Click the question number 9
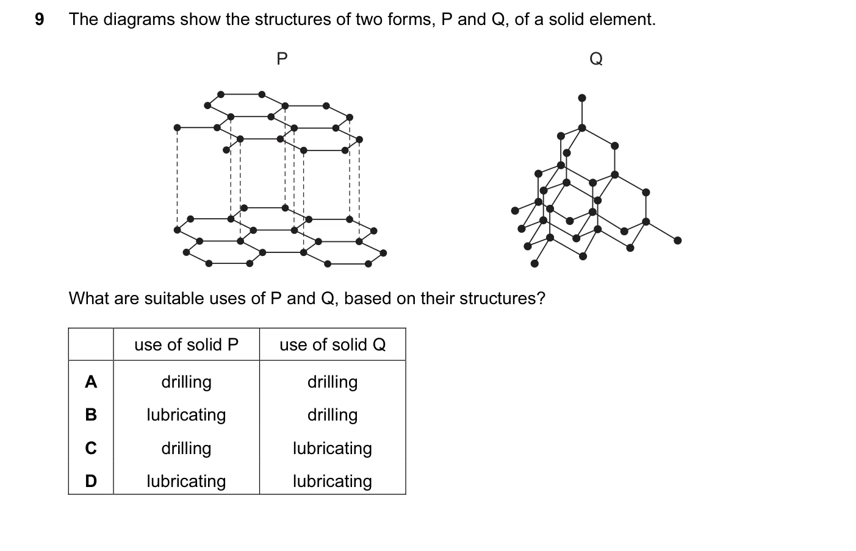[x=40, y=19]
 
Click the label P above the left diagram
[x=282, y=59]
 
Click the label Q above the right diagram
[x=596, y=59]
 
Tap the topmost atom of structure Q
[x=582, y=98]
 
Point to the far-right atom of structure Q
[x=677, y=241]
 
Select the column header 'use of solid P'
[x=187, y=344]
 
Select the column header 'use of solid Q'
[x=333, y=344]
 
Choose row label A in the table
[x=91, y=382]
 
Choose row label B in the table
[x=91, y=414]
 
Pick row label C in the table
[x=91, y=448]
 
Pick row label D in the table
[x=91, y=481]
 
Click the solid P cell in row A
[x=187, y=382]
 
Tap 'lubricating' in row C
[x=333, y=449]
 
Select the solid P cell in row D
[x=187, y=482]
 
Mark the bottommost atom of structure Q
[x=534, y=263]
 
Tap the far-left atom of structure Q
[x=515, y=211]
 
